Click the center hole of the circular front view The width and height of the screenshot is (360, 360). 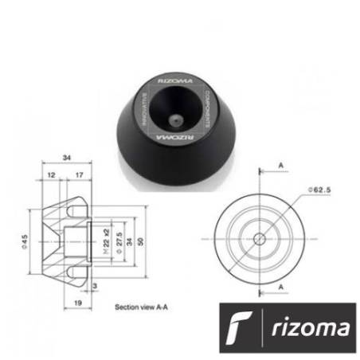(259, 238)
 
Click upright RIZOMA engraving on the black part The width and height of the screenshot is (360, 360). (177, 79)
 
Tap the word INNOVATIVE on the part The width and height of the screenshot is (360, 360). (145, 108)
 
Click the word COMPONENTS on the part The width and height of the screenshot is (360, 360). (206, 107)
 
